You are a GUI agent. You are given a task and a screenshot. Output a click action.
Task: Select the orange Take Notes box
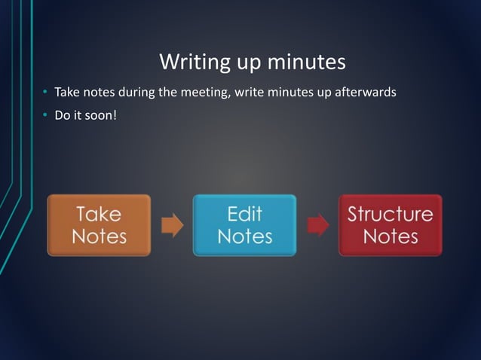[99, 225]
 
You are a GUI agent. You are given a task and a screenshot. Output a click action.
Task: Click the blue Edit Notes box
[244, 225]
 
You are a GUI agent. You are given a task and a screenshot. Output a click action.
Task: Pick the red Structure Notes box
[390, 225]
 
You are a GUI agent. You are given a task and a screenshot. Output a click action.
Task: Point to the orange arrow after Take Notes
[172, 225]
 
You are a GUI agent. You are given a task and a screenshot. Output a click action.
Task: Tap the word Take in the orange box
[99, 214]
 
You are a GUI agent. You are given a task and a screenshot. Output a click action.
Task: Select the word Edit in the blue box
[244, 214]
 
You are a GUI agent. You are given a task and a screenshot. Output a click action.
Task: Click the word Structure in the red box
[390, 214]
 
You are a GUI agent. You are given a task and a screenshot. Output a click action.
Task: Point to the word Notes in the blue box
[244, 236]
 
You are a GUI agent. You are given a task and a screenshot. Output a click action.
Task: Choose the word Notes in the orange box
[99, 236]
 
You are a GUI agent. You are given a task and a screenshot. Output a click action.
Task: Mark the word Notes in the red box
[390, 236]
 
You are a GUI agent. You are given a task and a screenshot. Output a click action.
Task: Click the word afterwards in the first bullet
[369, 93]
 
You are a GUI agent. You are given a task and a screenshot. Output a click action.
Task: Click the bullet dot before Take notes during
[44, 94]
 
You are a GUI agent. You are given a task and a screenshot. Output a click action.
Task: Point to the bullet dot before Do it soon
[44, 116]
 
